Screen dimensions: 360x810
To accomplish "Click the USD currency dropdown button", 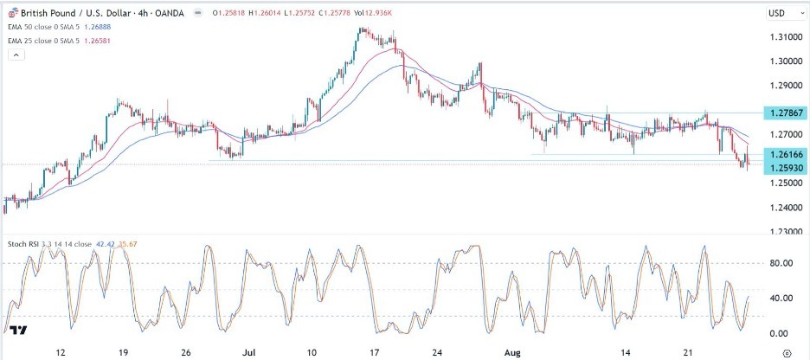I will (x=780, y=14).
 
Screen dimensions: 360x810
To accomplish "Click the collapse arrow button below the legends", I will (x=16, y=55).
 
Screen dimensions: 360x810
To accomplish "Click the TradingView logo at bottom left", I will (x=17, y=330).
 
